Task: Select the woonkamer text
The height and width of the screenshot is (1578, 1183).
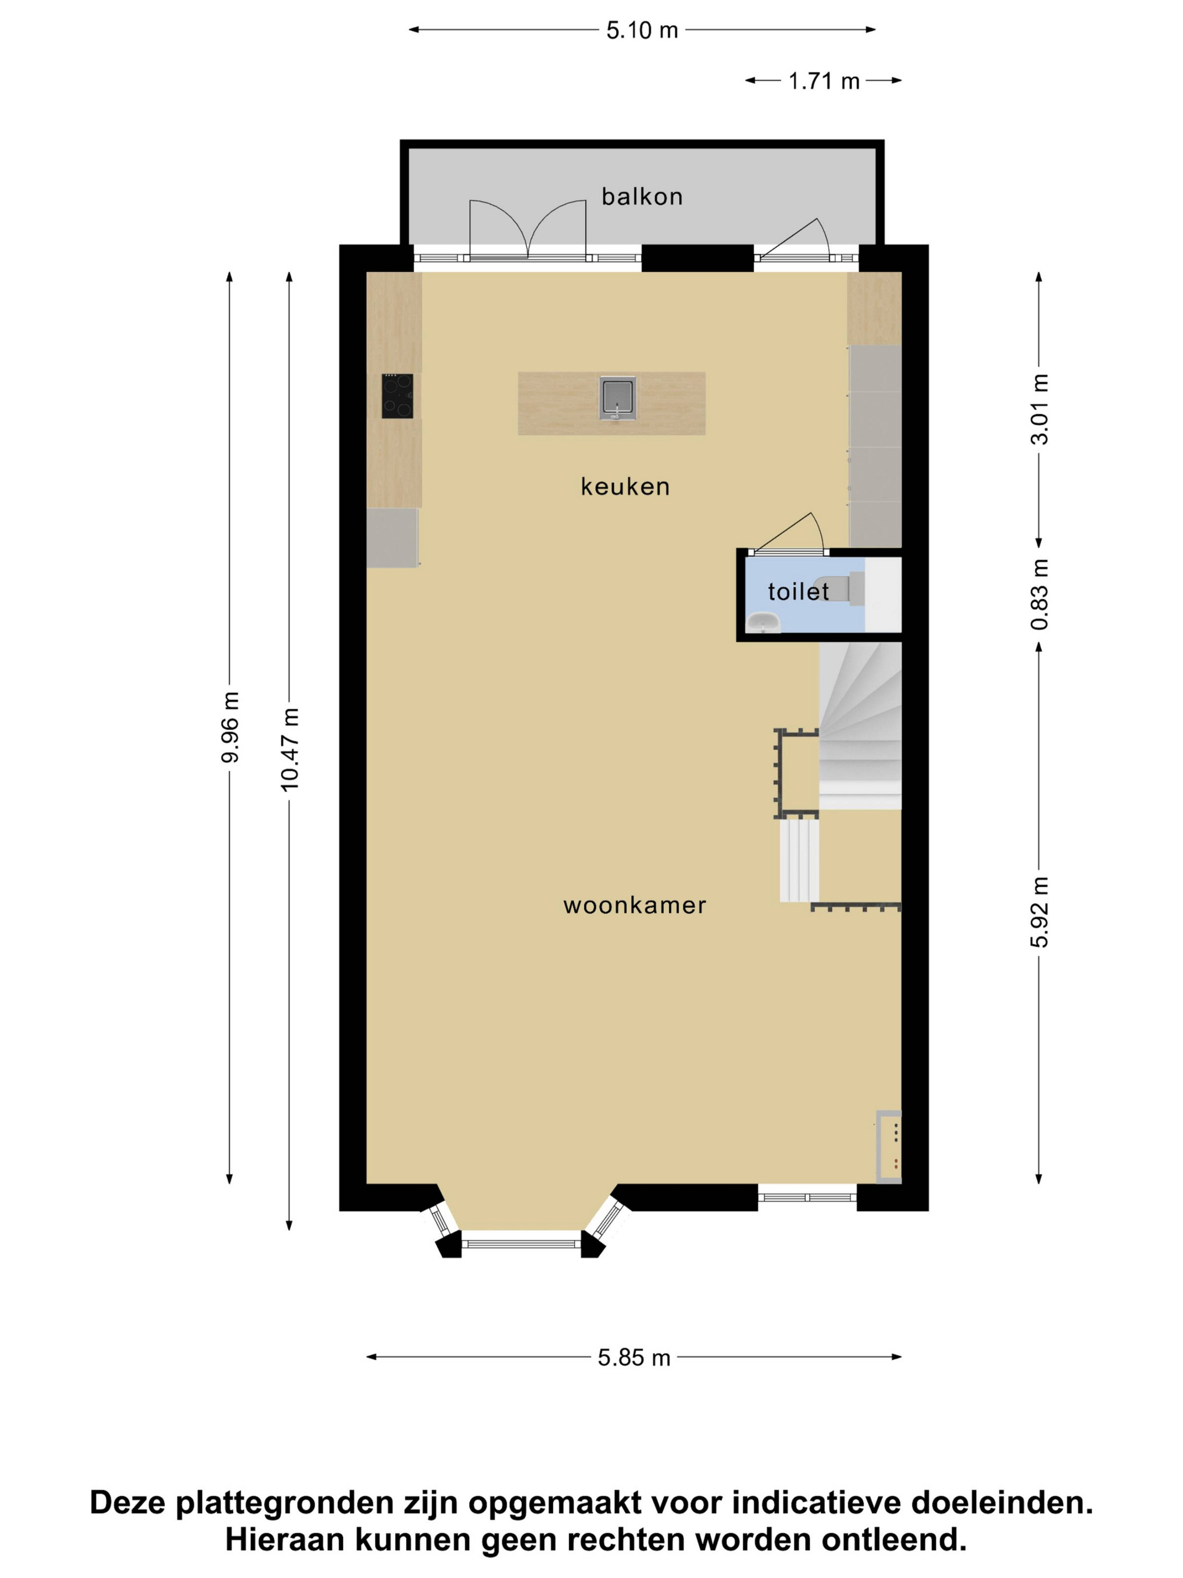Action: tap(635, 905)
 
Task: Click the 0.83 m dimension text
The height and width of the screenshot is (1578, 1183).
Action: tap(1039, 594)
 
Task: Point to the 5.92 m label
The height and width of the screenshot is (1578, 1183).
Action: tap(1039, 912)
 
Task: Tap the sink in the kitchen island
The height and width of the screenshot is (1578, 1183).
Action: tap(617, 397)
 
